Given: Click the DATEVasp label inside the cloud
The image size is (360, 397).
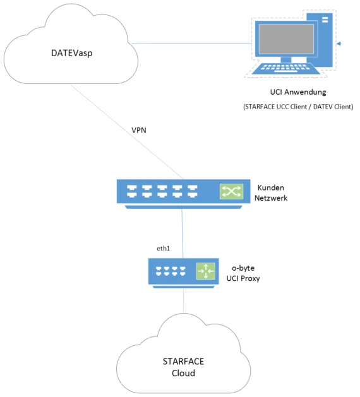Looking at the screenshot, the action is (x=72, y=53).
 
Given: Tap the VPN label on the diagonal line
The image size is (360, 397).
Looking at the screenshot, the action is (x=139, y=130).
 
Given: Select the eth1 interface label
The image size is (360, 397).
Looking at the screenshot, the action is (x=163, y=249).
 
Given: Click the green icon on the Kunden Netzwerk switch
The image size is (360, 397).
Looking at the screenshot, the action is (x=231, y=191).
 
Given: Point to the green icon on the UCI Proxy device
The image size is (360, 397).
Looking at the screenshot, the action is (x=206, y=271).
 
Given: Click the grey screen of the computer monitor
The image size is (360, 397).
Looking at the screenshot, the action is (x=286, y=39).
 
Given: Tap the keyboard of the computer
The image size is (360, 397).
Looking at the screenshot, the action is (x=285, y=68).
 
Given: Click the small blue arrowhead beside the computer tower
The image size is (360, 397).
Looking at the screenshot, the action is (x=339, y=44).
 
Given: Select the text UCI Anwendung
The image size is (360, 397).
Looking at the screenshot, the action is (x=298, y=92).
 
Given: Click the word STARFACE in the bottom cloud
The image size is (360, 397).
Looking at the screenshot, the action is (x=183, y=361).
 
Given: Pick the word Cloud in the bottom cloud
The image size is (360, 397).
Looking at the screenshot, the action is (x=183, y=373).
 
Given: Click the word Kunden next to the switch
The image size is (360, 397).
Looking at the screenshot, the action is (x=270, y=187).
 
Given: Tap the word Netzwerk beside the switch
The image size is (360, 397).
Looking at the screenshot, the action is (x=271, y=198).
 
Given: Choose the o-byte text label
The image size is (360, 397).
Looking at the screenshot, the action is (x=243, y=268).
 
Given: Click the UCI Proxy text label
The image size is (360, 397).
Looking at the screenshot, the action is (x=243, y=278).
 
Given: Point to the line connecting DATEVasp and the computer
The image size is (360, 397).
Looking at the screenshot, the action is (x=192, y=44).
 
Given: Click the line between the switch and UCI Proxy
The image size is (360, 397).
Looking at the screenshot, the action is (x=182, y=234).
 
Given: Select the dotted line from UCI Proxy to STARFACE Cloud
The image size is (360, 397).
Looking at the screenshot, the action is (x=183, y=300).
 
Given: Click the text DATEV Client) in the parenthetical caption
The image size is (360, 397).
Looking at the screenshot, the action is (x=333, y=107).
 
